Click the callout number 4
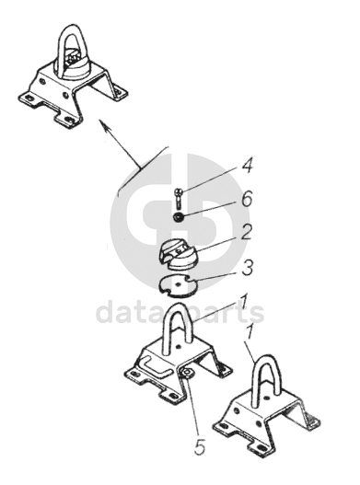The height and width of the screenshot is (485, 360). [246, 165]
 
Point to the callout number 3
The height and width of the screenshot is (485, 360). [247, 267]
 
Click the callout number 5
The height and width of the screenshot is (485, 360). [199, 446]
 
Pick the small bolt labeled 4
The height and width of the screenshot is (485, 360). [179, 198]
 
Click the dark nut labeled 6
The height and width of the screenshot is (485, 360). [179, 217]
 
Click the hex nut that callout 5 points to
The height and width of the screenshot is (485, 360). [187, 373]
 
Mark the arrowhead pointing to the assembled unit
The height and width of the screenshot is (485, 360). [104, 126]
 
